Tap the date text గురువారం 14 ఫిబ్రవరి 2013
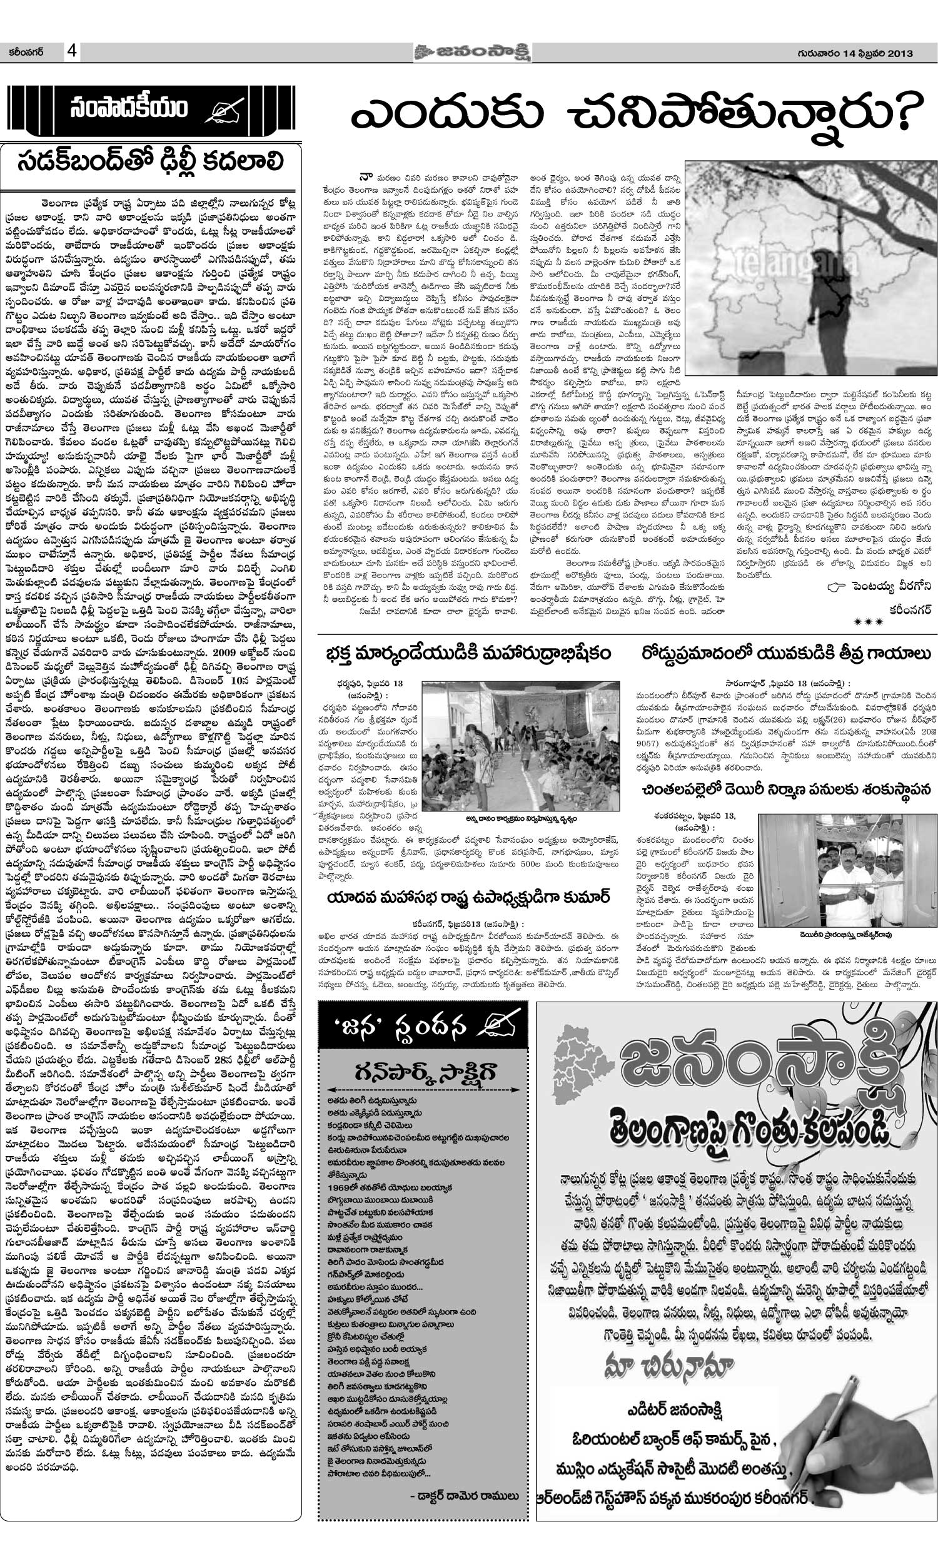pyautogui.click(x=850, y=54)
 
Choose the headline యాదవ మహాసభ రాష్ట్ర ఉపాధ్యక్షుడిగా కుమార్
pyautogui.click(x=468, y=898)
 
